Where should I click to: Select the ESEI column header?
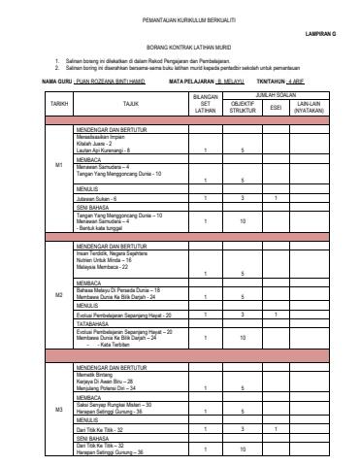(276, 105)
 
